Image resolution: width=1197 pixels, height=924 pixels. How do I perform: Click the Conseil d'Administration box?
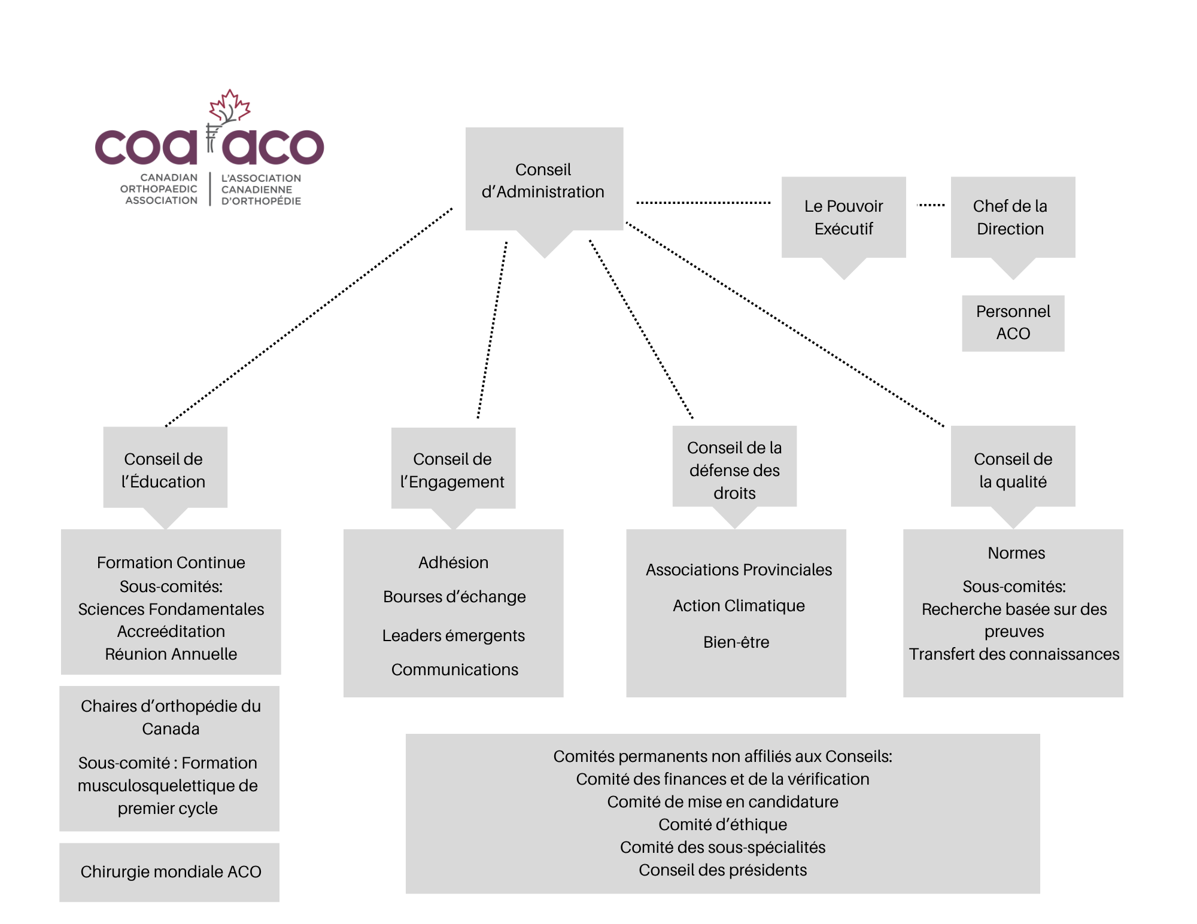[543, 179]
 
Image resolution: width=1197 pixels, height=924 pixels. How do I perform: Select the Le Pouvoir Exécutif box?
[843, 217]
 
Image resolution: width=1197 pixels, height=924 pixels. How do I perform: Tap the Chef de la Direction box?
[1012, 217]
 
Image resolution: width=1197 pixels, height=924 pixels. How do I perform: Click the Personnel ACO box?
[1013, 323]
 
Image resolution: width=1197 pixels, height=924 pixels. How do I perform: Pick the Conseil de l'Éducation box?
[165, 469]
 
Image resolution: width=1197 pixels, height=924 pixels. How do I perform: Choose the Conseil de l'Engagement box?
[453, 469]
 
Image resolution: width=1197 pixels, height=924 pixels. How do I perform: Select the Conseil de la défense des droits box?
[734, 469]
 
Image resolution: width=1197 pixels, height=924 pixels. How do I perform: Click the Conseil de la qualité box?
[1013, 469]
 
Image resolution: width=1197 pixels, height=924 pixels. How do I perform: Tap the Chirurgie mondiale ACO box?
[170, 872]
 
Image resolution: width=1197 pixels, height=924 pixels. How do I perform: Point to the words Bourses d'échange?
[454, 597]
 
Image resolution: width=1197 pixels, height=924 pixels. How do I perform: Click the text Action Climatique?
[739, 606]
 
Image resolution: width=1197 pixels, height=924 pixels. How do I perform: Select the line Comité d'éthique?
[722, 825]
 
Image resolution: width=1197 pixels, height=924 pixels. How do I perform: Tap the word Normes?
[1016, 553]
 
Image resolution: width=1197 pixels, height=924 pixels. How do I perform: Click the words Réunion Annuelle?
[171, 654]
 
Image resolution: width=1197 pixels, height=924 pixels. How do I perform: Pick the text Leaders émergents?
[454, 636]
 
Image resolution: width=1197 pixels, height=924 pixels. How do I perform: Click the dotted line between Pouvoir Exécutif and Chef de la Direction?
[931, 205]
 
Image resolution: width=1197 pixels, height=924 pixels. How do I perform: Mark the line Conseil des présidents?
[722, 870]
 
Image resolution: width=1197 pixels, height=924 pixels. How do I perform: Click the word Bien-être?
[736, 642]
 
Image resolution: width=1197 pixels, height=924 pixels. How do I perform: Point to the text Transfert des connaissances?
[1014, 654]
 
